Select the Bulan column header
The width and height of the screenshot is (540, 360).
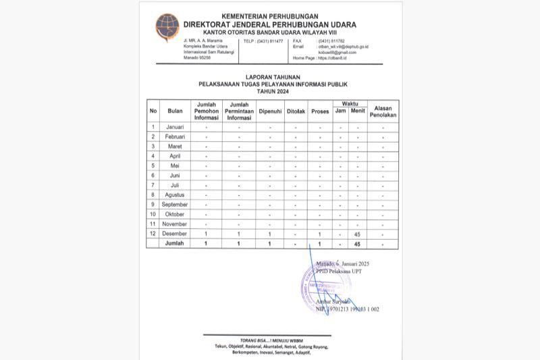[x=175, y=111]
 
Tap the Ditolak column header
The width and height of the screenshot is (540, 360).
[x=296, y=111]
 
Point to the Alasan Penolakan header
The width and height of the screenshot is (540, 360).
[x=383, y=111]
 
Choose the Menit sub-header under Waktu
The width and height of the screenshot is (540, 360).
[x=358, y=111]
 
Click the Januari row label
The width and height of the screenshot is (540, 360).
[x=175, y=127]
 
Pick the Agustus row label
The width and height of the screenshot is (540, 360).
[x=175, y=195]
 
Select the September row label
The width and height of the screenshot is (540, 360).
[x=175, y=204]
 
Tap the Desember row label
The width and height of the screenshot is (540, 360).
[x=175, y=233]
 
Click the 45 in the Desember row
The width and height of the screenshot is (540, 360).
[x=358, y=233]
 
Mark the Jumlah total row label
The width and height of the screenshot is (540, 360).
[x=175, y=243]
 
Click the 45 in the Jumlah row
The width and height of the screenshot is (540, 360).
[x=358, y=243]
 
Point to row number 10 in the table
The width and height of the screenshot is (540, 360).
[x=153, y=214]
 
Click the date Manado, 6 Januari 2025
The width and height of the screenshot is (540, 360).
[x=343, y=263]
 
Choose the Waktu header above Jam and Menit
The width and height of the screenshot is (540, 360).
[x=350, y=103]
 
